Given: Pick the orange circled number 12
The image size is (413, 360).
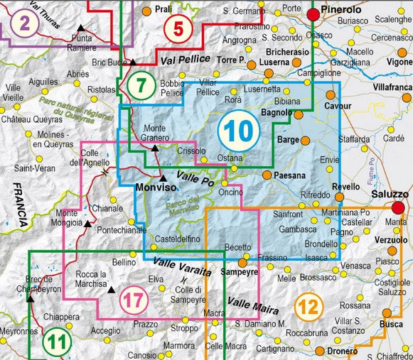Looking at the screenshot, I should point(306,307).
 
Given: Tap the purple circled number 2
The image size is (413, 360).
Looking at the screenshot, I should point(26,25).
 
